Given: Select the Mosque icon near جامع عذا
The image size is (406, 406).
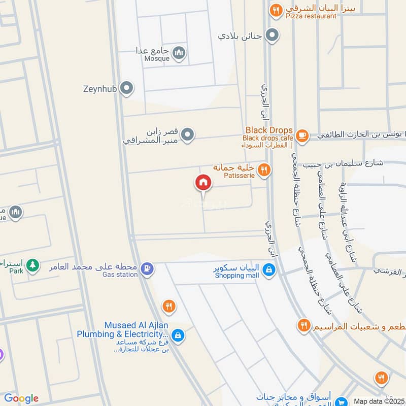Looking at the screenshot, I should click(x=179, y=52).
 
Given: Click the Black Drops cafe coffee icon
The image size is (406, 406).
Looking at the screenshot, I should click(x=302, y=135).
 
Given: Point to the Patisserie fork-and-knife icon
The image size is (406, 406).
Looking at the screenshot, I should click(x=263, y=170).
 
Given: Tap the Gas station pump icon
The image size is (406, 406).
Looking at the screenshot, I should click(x=147, y=268).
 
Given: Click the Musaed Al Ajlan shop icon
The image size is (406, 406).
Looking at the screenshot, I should click(x=178, y=335).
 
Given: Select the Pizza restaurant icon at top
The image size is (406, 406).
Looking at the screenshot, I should click(x=276, y=10).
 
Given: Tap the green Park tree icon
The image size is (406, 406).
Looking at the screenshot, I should click(x=32, y=264).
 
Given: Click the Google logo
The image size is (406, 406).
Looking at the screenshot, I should click(x=21, y=398).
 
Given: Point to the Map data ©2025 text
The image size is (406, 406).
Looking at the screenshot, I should click(x=379, y=401).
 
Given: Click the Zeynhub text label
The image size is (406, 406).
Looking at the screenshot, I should click(x=100, y=88).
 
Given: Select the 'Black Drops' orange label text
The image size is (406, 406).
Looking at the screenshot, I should click(x=269, y=130).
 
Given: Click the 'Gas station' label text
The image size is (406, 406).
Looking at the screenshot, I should click(x=120, y=275).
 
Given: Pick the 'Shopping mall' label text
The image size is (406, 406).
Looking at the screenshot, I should click(x=236, y=276).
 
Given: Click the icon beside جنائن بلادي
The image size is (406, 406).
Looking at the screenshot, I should click(x=273, y=35).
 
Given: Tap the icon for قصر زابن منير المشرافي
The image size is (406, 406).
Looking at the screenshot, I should click(x=188, y=134).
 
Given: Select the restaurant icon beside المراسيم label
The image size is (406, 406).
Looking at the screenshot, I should click(x=303, y=325).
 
